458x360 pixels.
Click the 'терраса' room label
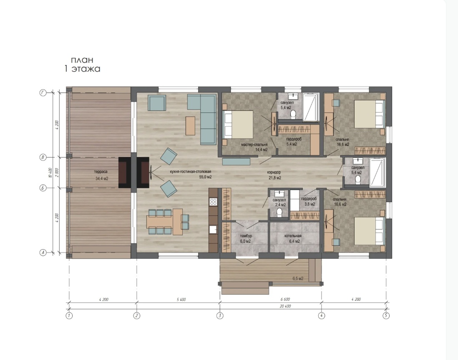[101, 172]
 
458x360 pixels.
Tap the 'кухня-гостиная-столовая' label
[191, 172]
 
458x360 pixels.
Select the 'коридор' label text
[274, 172]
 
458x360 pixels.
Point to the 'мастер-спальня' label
[254, 145]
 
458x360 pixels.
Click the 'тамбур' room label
[246, 236]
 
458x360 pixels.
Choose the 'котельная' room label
[293, 236]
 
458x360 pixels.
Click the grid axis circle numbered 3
[220, 315]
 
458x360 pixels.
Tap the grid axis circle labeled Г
[43, 93]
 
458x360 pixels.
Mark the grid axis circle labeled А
[43, 252]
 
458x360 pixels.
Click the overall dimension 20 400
[285, 306]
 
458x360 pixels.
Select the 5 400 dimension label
[181, 300]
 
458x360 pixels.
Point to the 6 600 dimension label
[285, 300]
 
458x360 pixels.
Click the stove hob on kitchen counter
[213, 201]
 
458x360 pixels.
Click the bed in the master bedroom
[238, 124]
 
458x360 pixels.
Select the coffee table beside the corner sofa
[190, 126]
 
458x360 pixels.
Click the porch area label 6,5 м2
[298, 279]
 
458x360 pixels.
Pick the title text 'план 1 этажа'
[82, 64]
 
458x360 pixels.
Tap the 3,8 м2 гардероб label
[309, 202]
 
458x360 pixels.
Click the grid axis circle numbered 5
[386, 315]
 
